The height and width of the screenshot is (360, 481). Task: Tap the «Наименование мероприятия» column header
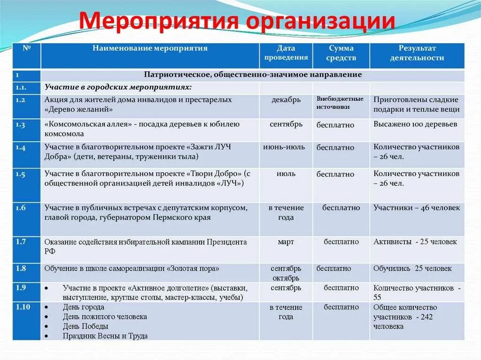[150, 48]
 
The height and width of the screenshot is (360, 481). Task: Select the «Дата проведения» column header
[286, 53]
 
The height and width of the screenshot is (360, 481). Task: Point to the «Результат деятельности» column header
[417, 53]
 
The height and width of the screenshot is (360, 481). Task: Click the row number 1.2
[20, 100]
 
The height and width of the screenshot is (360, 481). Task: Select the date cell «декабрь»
[286, 100]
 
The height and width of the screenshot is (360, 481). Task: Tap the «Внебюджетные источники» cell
[340, 103]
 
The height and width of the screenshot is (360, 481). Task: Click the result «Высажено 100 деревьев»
[415, 124]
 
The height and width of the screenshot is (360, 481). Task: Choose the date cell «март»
[286, 242]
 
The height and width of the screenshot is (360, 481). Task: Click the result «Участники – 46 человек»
[417, 208]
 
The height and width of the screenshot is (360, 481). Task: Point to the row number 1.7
[20, 242]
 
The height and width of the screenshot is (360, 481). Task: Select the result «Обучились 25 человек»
[412, 268]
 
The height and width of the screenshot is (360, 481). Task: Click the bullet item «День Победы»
[85, 326]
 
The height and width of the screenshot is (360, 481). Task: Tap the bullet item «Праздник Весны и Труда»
[105, 336]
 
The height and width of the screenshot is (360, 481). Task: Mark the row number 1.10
[22, 307]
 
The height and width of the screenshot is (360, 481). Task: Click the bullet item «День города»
[84, 307]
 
